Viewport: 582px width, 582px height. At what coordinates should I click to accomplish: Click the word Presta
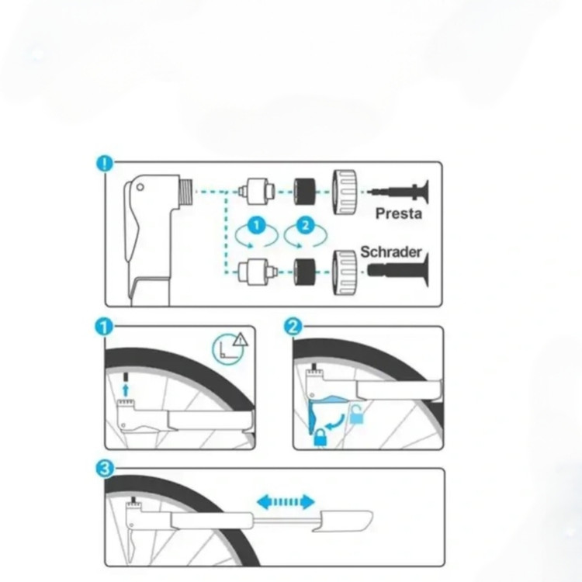click(399, 214)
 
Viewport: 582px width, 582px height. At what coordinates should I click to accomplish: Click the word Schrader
click(391, 252)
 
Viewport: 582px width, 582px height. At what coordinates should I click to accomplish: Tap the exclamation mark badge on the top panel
click(105, 163)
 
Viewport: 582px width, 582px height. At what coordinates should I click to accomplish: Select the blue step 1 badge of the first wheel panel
click(104, 327)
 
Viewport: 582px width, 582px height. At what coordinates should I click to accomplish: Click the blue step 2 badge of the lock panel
click(293, 327)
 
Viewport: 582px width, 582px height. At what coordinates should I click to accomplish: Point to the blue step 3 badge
click(105, 469)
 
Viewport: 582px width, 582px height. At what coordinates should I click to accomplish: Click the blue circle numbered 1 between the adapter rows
click(257, 225)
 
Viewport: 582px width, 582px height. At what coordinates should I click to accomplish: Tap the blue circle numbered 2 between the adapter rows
click(306, 225)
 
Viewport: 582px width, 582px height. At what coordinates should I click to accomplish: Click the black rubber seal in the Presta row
click(305, 192)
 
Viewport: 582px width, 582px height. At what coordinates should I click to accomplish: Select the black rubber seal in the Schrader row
click(305, 272)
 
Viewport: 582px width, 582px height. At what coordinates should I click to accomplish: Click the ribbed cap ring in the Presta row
click(345, 192)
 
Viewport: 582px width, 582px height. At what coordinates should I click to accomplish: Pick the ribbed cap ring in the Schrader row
click(345, 272)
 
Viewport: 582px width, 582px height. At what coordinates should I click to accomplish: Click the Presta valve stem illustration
click(398, 192)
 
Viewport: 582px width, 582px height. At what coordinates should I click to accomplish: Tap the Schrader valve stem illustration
click(398, 270)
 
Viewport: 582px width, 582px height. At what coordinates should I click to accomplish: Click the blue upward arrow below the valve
click(126, 390)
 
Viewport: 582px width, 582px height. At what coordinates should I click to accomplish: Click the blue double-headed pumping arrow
click(286, 502)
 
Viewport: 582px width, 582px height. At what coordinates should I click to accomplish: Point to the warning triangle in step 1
click(241, 339)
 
